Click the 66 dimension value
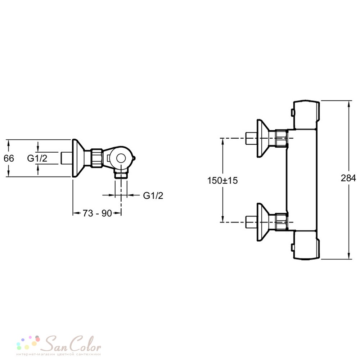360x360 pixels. tap(9, 158)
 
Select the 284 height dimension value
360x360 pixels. tap(348, 178)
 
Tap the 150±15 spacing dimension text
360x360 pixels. tap(222, 180)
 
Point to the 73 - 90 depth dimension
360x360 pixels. tap(97, 213)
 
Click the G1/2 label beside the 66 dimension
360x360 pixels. tap(37, 158)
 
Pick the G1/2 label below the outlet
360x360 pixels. tap(153, 195)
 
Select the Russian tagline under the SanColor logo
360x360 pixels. tap(59, 354)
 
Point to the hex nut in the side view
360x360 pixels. tap(97, 158)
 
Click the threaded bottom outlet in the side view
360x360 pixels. tap(121, 175)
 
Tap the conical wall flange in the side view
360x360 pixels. tap(78, 158)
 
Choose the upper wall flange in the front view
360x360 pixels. tap(263, 138)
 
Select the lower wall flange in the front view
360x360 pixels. tap(263, 222)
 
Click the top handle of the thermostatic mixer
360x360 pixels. tap(306, 114)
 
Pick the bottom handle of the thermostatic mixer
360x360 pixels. tap(306, 245)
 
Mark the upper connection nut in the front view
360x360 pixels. tap(281, 138)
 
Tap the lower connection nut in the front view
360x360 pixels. tap(281, 222)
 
